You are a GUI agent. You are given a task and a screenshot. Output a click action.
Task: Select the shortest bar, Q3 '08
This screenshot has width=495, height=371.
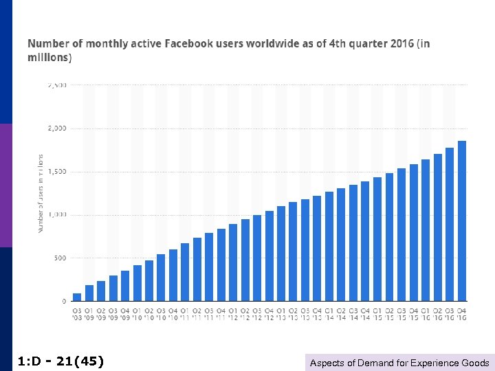[77, 297]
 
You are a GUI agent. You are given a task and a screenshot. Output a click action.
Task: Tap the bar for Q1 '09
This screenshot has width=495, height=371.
[89, 293]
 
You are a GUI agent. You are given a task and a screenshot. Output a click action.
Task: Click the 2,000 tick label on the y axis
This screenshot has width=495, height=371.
[58, 128]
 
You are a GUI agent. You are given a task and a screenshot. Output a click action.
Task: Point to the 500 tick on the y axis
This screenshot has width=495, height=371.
[60, 258]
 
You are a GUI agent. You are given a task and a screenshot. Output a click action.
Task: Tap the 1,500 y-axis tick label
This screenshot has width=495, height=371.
[58, 172]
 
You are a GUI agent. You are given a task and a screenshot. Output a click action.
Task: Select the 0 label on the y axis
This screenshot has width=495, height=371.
[65, 302]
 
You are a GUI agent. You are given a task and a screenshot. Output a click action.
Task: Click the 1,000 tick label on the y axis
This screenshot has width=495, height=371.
[58, 215]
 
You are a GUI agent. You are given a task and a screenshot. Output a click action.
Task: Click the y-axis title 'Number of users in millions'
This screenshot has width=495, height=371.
[41, 192]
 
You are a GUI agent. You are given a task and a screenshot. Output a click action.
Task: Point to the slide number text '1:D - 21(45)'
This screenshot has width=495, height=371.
[60, 361]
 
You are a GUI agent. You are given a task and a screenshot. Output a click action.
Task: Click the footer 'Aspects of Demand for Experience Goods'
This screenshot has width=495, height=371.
[399, 363]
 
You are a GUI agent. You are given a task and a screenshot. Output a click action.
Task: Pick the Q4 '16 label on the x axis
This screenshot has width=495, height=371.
[462, 313]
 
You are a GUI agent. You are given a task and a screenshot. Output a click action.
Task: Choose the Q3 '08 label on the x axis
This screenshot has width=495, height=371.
[77, 313]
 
